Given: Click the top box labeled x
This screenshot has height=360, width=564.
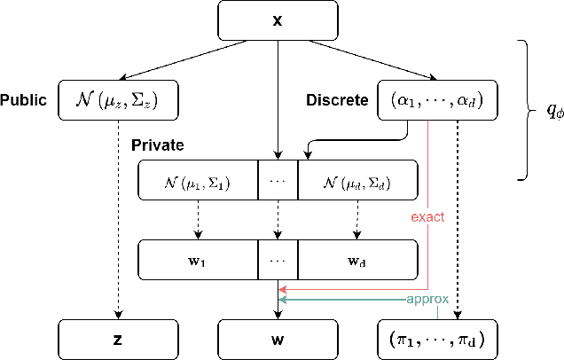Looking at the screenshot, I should [279, 19].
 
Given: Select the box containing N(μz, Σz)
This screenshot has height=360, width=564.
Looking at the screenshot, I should [119, 99].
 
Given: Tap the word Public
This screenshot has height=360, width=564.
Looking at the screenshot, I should [24, 100].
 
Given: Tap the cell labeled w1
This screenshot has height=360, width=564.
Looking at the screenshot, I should [198, 259].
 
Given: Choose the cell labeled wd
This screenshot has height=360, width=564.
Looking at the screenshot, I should [356, 259].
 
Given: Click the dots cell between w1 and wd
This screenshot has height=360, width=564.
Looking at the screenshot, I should [278, 259].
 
